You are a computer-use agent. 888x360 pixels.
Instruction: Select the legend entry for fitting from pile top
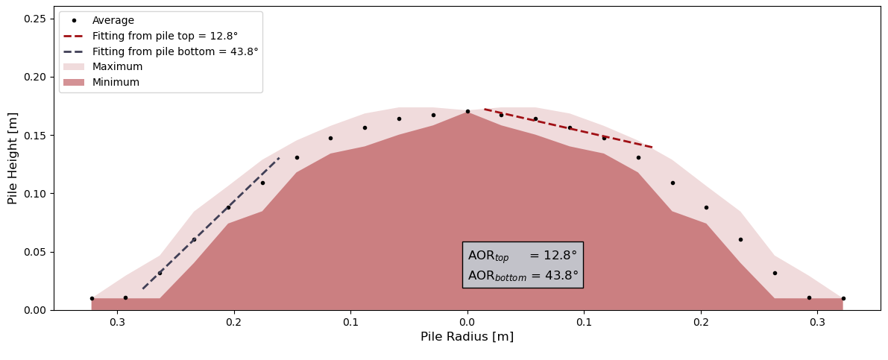point(165,36)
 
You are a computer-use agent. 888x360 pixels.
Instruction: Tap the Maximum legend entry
point(117,67)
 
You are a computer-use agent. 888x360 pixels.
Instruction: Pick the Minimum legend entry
point(116,83)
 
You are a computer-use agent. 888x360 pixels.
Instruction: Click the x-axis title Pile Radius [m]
point(467,337)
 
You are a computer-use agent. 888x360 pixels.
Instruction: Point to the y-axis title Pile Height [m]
point(13,158)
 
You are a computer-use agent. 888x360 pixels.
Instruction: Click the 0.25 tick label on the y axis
point(35,19)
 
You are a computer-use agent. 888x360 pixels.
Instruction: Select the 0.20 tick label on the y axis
point(35,77)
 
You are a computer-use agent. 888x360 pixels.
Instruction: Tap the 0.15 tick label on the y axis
point(35,136)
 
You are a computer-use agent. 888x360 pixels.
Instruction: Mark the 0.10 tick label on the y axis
point(35,194)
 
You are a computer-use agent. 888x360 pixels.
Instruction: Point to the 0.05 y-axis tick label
point(35,252)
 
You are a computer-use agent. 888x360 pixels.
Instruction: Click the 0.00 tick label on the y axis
point(35,310)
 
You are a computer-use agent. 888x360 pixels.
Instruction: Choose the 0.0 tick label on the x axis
point(467,322)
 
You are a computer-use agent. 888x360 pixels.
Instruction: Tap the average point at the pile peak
point(467,112)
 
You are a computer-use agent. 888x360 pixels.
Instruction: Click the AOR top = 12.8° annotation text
point(522,256)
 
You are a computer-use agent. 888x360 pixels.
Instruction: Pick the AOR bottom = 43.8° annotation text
point(523,276)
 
